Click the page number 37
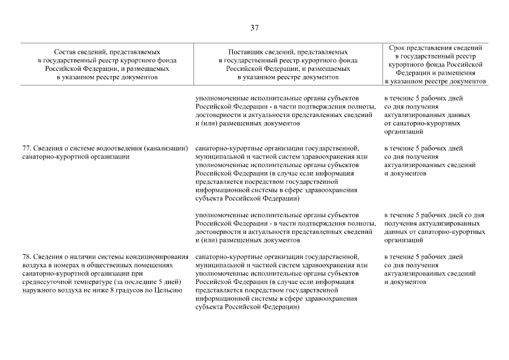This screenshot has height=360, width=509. point(254,28)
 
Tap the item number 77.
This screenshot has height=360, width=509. point(25,148)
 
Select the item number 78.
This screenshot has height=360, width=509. point(25,256)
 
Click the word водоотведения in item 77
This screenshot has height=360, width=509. point(118,148)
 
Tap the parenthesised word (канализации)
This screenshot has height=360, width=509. point(165,148)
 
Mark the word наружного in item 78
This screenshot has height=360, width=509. point(38,290)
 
